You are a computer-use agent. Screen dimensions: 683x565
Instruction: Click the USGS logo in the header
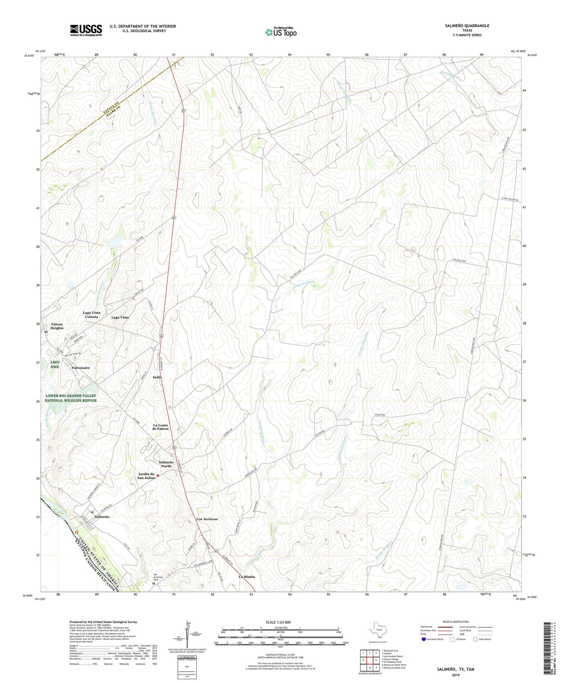pyautogui.click(x=86, y=31)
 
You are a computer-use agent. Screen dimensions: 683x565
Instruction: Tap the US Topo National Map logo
pyautogui.click(x=281, y=32)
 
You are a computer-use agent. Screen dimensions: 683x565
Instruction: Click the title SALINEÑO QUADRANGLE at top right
pyautogui.click(x=467, y=26)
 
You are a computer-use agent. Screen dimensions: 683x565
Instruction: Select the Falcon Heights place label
pyautogui.click(x=57, y=326)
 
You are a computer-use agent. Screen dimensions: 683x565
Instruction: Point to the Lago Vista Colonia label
pyautogui.click(x=91, y=315)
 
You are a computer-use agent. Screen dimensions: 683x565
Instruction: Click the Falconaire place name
pyautogui.click(x=81, y=367)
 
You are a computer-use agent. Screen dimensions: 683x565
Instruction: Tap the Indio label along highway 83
pyautogui.click(x=157, y=377)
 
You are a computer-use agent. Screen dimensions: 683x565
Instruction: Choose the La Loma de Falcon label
pyautogui.click(x=160, y=427)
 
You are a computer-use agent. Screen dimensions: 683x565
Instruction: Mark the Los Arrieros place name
pyautogui.click(x=207, y=519)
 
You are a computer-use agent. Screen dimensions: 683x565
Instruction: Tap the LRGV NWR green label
pyautogui.click(x=55, y=364)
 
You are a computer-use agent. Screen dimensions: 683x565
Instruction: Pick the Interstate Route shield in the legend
pyautogui.click(x=424, y=639)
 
